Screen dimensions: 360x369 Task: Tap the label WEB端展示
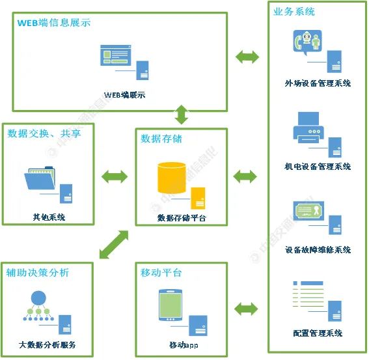pyautogui.click(x=124, y=95)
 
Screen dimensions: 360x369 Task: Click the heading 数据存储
pyautogui.click(x=161, y=139)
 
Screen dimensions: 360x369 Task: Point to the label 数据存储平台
pyautogui.click(x=182, y=218)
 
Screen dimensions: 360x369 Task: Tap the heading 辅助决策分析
pyautogui.click(x=38, y=272)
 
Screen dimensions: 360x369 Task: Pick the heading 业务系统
pyautogui.click(x=294, y=12)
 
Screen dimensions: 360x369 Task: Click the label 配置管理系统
pyautogui.click(x=318, y=333)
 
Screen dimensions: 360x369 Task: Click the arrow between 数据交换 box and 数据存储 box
pyautogui.click(x=115, y=176)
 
